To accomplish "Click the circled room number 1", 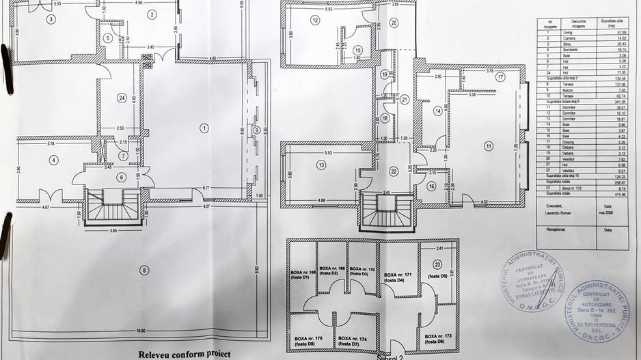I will (203, 127).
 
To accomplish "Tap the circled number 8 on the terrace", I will (144, 271).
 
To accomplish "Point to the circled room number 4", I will (53, 161).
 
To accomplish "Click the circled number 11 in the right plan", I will (489, 146).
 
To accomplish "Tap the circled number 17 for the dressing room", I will (500, 77).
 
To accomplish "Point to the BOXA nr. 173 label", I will (439, 340).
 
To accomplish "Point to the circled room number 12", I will (315, 20).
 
